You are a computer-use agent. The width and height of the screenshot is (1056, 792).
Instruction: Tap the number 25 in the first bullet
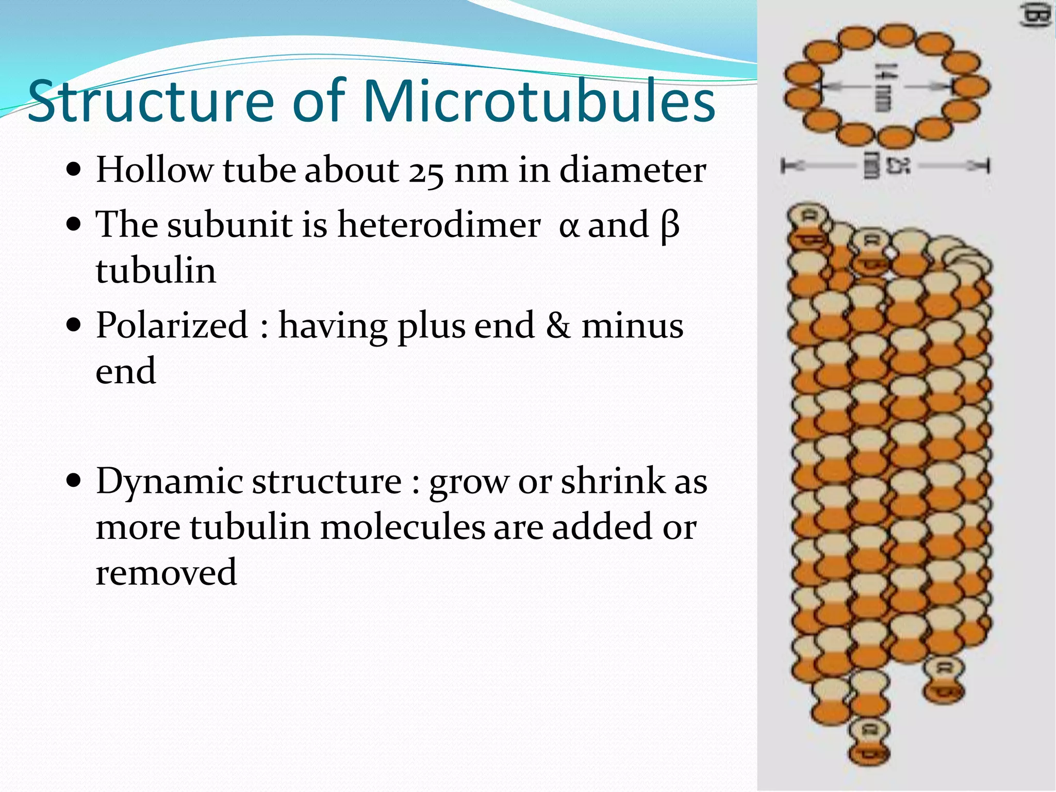(x=426, y=171)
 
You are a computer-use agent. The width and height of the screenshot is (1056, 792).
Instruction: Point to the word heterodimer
(x=439, y=225)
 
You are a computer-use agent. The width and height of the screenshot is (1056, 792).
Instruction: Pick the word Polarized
(x=172, y=326)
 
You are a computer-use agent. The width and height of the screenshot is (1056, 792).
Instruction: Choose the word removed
(x=166, y=572)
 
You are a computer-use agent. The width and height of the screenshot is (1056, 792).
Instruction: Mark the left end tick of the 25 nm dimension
(x=784, y=166)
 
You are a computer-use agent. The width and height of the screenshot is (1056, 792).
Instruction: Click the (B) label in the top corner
(x=1037, y=15)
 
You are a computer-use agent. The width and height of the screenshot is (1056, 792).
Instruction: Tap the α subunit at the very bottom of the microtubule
(x=869, y=729)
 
